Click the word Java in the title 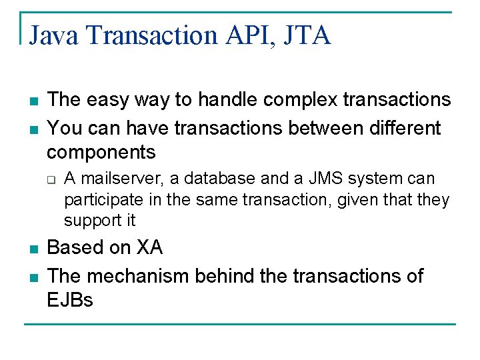(x=55, y=35)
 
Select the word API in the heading (x=249, y=35)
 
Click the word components (x=101, y=152)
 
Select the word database (x=224, y=179)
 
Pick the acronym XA (x=149, y=247)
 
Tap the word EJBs (x=70, y=300)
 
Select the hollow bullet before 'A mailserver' (x=51, y=179)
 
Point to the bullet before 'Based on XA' (x=32, y=249)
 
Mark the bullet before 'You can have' (x=32, y=129)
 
